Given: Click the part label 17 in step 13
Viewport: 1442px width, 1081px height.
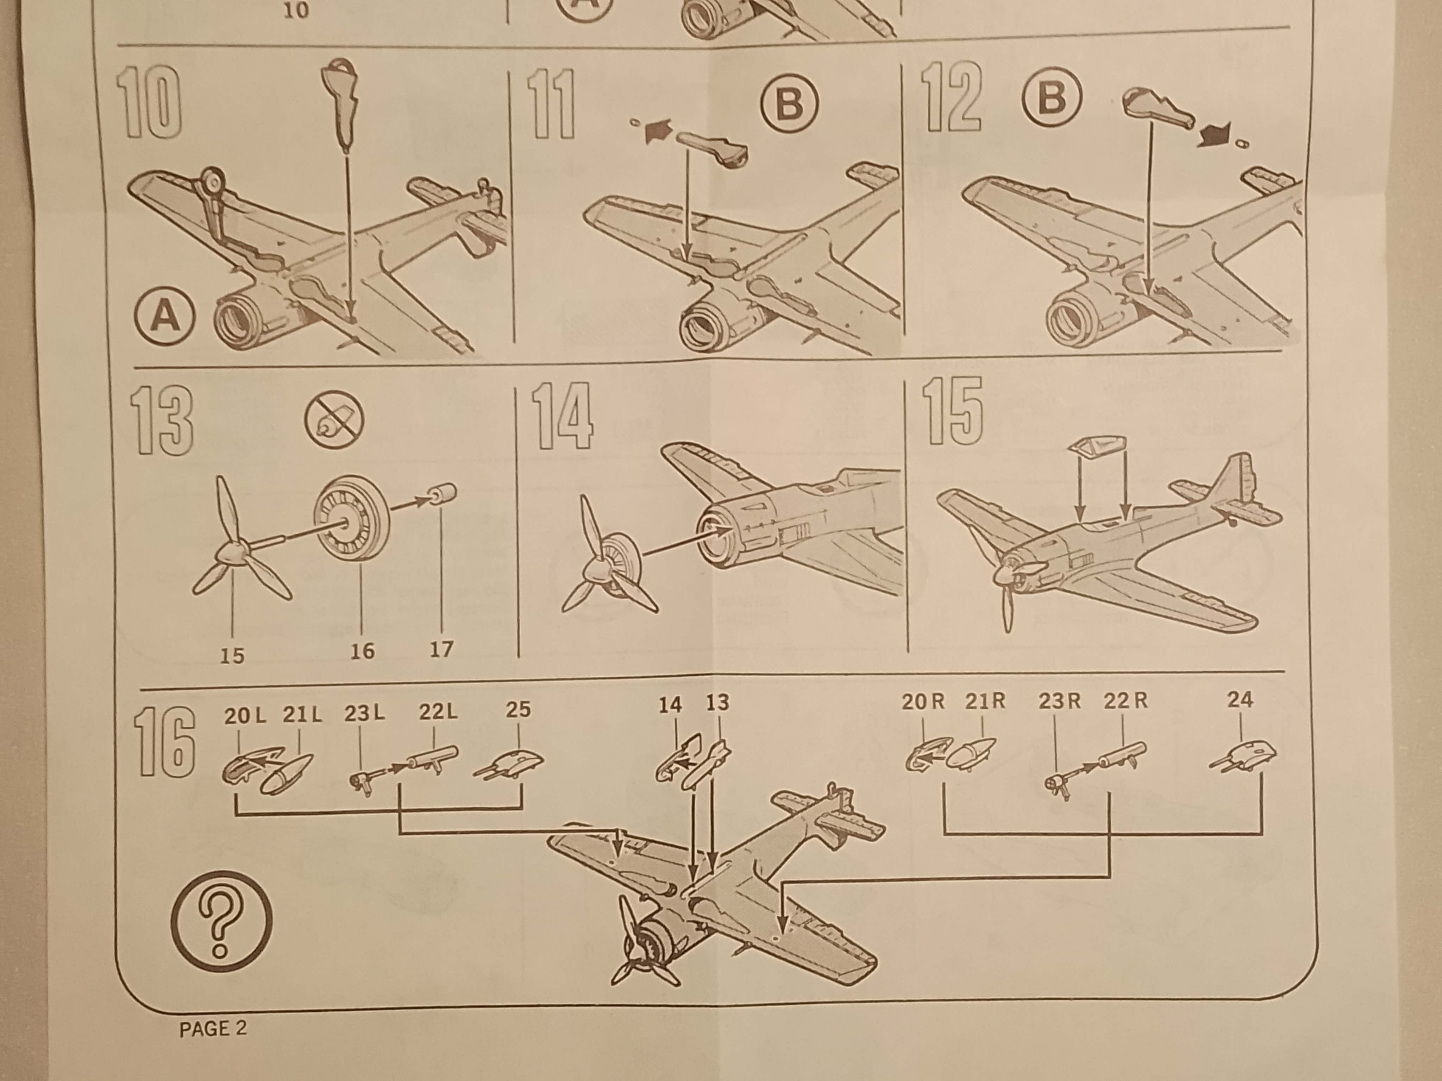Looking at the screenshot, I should [441, 649].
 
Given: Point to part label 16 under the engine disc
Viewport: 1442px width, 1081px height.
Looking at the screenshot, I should [363, 650].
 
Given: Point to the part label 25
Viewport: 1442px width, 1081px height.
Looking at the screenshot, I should [518, 710].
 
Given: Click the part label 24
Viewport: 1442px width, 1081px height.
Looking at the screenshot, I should [1240, 700].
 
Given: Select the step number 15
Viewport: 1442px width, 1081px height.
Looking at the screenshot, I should [952, 412].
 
